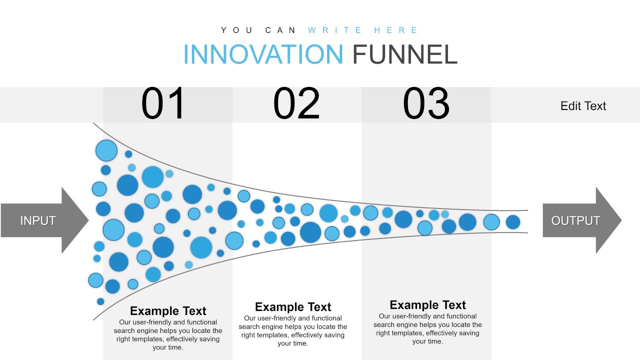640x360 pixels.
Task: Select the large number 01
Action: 163,104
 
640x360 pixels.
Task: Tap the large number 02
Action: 296,104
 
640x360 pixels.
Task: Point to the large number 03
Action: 426,104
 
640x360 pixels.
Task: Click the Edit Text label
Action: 583,106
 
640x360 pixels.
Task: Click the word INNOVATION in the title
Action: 263,54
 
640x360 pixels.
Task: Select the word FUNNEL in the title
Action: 405,54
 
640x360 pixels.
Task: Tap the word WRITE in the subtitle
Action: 335,30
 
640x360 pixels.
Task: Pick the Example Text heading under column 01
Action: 168,310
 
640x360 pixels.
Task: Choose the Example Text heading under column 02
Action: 293,306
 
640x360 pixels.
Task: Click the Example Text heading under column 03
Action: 427,305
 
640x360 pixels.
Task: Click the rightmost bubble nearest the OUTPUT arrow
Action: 513,222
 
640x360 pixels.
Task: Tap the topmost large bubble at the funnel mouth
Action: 106,150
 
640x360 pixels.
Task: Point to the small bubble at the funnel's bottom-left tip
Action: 100,301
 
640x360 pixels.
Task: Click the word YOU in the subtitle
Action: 237,30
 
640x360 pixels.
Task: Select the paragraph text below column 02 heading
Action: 293,330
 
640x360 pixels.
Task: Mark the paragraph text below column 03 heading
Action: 427,328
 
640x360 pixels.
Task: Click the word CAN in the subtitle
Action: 281,30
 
